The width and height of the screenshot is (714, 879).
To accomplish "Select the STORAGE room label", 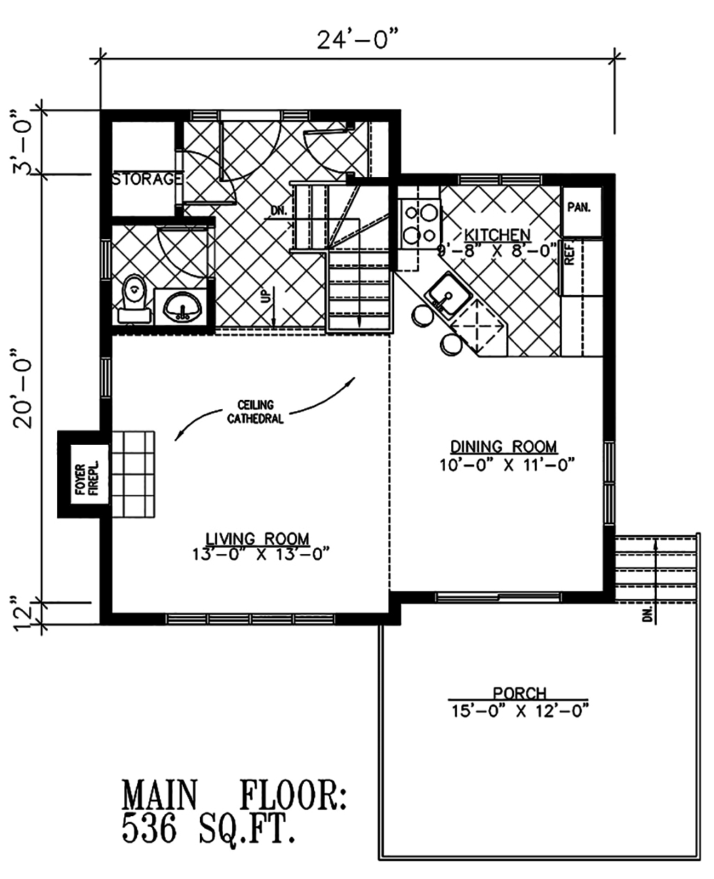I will coord(146,179).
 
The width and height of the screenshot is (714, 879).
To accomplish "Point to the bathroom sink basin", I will coord(182,309).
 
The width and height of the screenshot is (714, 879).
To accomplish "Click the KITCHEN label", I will coord(497,234).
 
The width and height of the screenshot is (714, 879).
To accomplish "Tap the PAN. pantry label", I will coord(578,207).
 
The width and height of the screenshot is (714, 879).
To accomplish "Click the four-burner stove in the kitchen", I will coord(419,223).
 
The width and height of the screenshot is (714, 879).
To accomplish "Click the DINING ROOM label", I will coord(503,447).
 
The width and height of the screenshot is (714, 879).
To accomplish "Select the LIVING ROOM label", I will coord(258,538).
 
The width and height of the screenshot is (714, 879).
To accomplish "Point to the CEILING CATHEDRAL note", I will coord(255,412).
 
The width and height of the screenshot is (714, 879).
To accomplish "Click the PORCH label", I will coord(519,693).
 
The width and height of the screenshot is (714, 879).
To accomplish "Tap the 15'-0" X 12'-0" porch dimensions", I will coord(519,710).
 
